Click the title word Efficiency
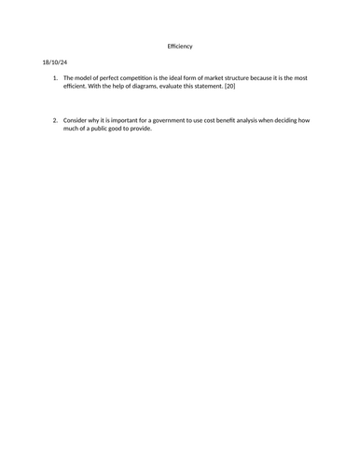(180, 47)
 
